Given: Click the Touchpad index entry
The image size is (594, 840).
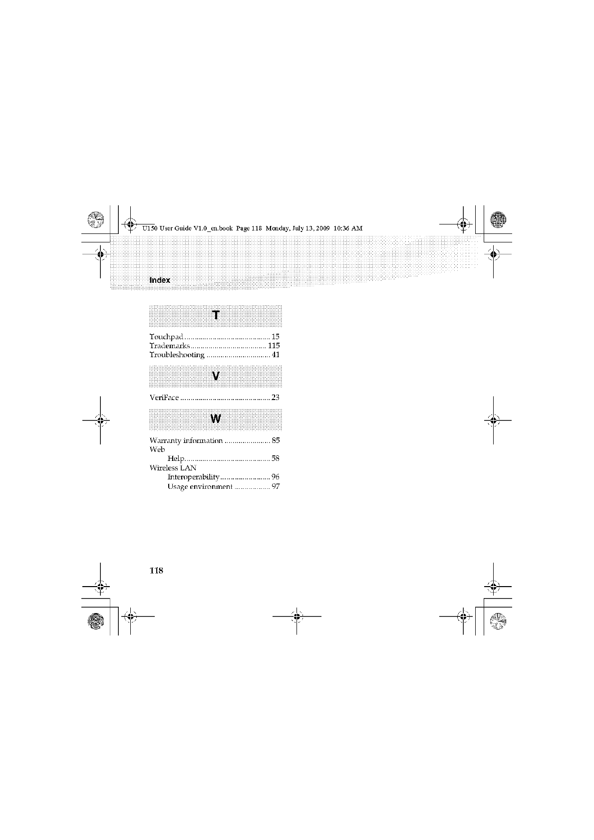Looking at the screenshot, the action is point(166,337).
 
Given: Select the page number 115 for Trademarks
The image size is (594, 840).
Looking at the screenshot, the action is point(274,346).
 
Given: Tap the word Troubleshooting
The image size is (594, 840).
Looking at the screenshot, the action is point(177,355).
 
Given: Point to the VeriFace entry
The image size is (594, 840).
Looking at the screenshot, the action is point(164,398).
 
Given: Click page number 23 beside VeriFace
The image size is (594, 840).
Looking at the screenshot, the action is point(276,398).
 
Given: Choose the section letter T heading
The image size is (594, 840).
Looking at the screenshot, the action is point(216,315).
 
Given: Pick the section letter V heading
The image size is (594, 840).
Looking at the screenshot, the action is point(216,376).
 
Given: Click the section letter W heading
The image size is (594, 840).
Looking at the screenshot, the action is point(216,419).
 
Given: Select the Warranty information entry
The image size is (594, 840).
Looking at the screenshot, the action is point(186,440).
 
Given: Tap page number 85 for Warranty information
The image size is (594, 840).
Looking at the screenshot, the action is point(276,440).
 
